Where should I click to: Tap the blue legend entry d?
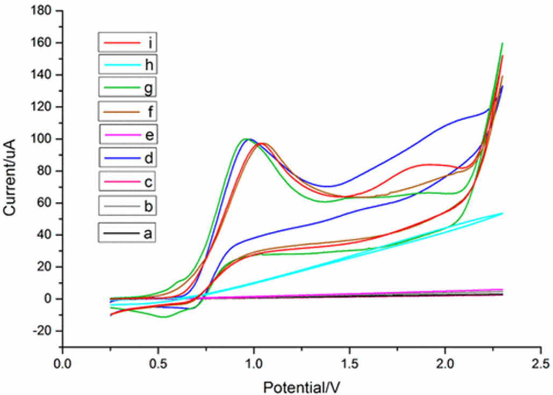pyautogui.click(x=127, y=158)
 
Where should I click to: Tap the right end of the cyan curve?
pyautogui.click(x=502, y=214)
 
